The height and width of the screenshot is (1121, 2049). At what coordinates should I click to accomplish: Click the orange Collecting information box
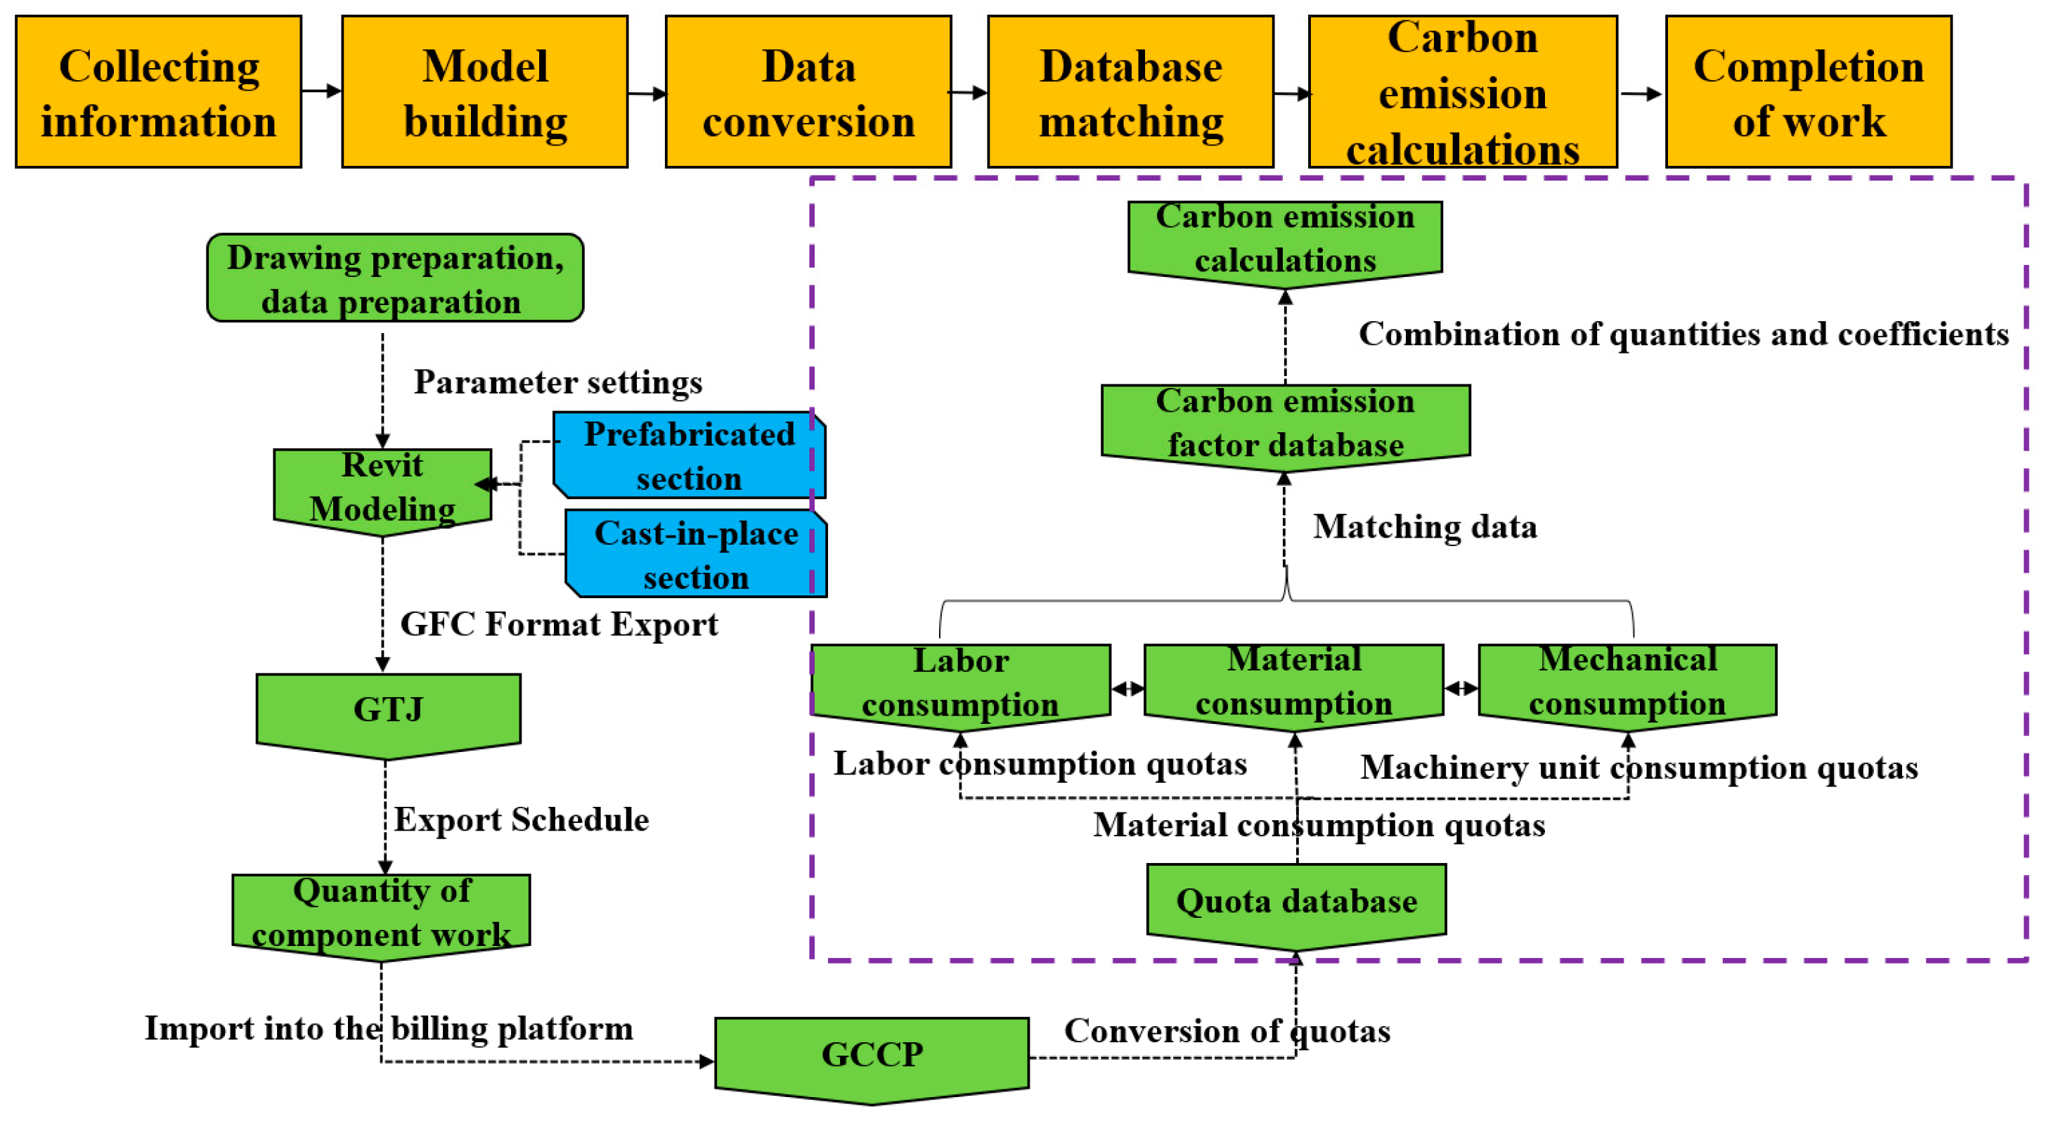pos(158,92)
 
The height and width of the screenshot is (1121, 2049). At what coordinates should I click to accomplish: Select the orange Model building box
pos(484,92)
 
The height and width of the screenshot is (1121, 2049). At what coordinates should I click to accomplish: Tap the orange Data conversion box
pos(808,92)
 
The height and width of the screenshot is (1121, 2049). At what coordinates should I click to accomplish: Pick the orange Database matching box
pos(1130,92)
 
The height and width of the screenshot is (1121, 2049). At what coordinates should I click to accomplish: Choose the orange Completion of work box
pos(1808,92)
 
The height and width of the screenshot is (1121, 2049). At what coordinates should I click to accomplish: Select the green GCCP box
pos(872,1056)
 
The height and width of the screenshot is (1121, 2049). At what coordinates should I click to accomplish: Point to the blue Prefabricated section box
pos(689,455)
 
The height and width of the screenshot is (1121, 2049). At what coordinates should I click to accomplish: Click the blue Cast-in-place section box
pos(696,554)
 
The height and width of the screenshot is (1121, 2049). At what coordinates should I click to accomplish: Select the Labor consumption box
pos(960,682)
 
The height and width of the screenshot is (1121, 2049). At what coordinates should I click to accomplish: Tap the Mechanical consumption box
pos(1627,682)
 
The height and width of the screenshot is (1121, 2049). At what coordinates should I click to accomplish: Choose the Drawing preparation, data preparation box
pos(395,278)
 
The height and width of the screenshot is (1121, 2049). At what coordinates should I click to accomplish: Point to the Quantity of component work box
pos(381,914)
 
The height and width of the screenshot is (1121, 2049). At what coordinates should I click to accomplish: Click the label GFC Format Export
pos(558,625)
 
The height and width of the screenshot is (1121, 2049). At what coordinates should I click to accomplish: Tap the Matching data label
pos(1425,527)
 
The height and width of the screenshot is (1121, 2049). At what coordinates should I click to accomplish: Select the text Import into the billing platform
pos(389,1029)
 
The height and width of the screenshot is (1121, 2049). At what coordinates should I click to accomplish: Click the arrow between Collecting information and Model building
pos(322,91)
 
